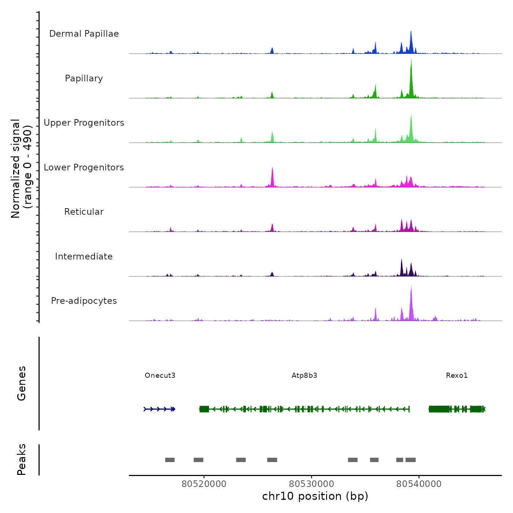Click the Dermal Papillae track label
click(84, 34)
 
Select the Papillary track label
click(84, 78)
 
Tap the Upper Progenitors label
click(84, 123)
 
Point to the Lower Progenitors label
click(84, 167)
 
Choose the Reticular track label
click(84, 212)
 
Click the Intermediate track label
click(84, 256)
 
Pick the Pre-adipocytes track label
click(84, 301)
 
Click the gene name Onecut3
click(160, 375)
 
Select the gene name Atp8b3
click(305, 375)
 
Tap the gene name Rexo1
click(457, 375)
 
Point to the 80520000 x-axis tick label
click(204, 484)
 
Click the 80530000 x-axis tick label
click(311, 484)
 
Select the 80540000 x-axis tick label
click(419, 484)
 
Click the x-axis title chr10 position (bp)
click(315, 496)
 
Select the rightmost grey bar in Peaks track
click(410, 460)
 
